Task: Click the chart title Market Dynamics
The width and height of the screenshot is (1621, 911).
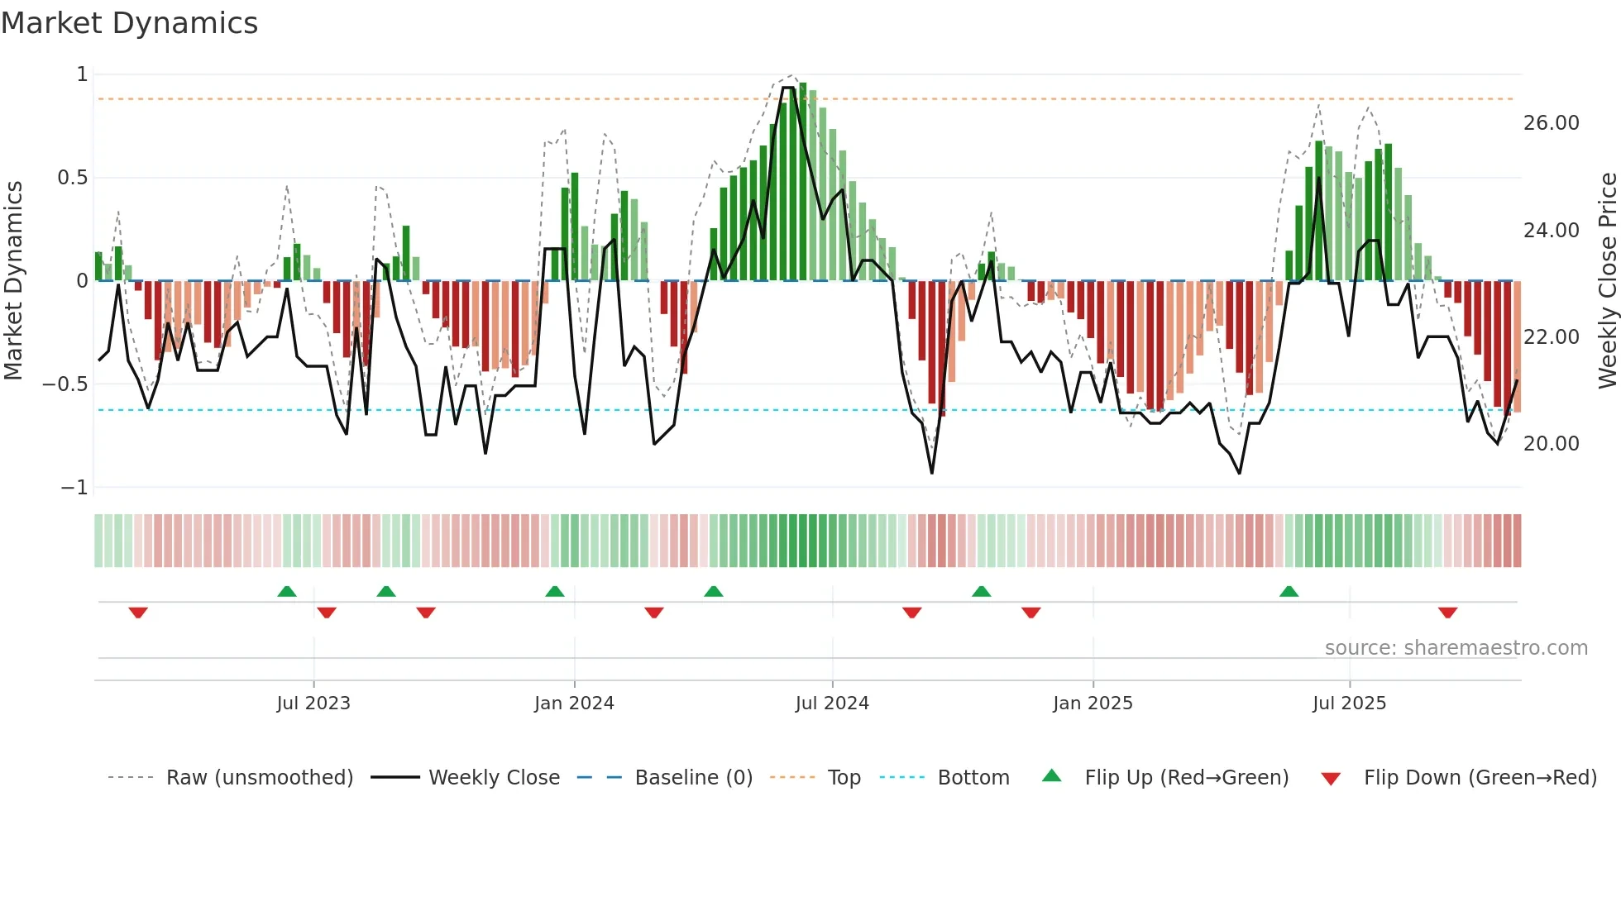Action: click(130, 23)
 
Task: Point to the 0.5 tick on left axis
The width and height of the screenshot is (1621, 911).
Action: click(73, 178)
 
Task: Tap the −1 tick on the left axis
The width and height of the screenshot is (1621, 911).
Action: click(74, 488)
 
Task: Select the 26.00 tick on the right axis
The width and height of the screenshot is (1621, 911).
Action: click(1551, 123)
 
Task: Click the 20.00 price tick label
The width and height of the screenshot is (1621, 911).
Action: click(1551, 444)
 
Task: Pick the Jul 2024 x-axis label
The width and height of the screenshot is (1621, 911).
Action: click(832, 704)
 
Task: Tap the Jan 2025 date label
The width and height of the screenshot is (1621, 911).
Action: click(1093, 704)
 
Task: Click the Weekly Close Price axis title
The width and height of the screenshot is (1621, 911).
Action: click(1607, 280)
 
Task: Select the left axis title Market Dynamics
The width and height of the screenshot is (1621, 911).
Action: click(14, 280)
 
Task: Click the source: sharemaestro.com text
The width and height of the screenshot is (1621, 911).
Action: click(1456, 648)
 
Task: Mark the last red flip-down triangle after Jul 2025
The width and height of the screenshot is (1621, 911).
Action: click(1447, 613)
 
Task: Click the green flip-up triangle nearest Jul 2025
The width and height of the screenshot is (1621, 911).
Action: click(1289, 591)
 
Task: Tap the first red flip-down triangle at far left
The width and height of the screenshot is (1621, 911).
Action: click(138, 613)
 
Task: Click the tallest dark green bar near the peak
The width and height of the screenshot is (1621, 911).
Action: click(802, 182)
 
